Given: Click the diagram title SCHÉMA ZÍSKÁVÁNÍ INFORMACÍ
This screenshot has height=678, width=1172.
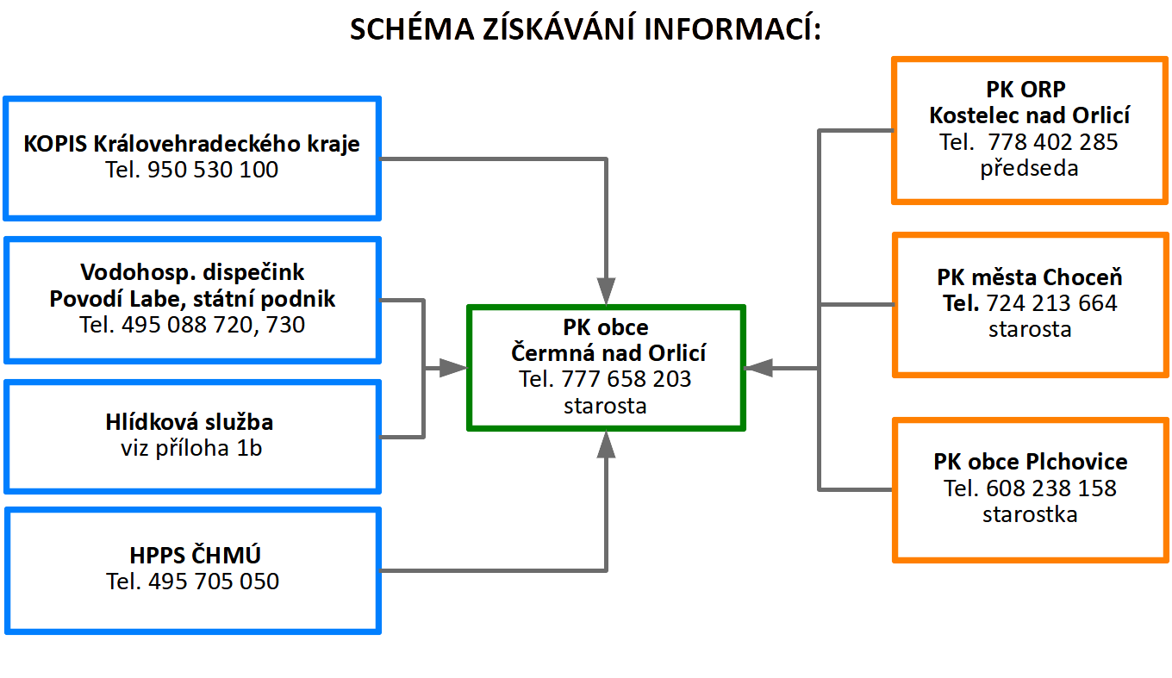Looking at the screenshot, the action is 585,29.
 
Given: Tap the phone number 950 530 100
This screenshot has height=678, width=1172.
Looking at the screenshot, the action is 213,170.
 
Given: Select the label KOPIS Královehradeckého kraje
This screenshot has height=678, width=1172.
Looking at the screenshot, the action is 191,144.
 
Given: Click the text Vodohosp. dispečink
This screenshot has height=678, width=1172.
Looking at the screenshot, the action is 192,272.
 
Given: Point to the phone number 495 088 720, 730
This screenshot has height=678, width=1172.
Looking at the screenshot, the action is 214,325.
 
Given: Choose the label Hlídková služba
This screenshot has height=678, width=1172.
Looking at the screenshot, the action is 190,421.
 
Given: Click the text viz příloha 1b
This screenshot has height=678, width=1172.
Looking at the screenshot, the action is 191,448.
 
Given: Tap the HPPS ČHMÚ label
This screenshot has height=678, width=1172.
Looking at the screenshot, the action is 195,555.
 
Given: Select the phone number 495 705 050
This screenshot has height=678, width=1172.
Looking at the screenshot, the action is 214,582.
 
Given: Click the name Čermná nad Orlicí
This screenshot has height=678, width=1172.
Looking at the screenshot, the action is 608,353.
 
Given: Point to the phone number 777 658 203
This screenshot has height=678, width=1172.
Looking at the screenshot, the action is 627,379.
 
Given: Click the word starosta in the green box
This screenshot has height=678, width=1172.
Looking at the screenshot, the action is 605,406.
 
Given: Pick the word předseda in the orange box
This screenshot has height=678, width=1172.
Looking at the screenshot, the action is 1029,169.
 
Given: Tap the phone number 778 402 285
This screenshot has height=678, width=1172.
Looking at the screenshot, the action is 1053,142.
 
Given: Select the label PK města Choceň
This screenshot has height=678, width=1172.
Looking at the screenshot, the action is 1030,277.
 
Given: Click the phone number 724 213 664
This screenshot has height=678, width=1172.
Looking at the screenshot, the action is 1051,303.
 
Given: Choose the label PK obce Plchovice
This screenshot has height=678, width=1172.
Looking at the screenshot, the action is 1030,462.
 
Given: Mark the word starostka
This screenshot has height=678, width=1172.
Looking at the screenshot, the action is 1030,515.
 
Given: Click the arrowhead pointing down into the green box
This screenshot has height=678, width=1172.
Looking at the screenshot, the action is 606,291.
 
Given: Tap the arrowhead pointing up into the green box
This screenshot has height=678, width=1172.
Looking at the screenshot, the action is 606,445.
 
